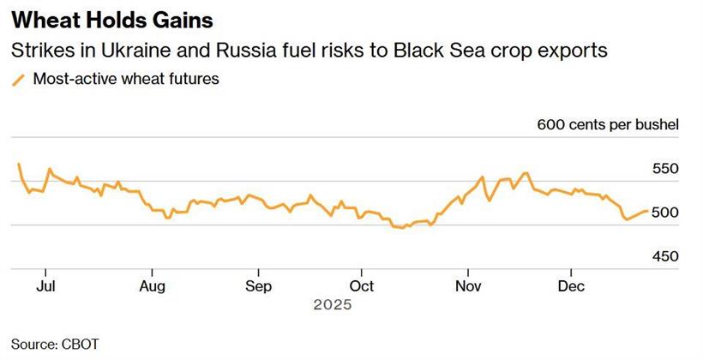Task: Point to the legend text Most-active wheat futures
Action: pyautogui.click(x=126, y=80)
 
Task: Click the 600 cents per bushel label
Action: pyautogui.click(x=608, y=125)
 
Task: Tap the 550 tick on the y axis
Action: pyautogui.click(x=665, y=169)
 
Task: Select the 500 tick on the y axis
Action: pyautogui.click(x=665, y=213)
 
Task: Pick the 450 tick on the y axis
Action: pyautogui.click(x=665, y=256)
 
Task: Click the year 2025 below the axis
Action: pyautogui.click(x=333, y=304)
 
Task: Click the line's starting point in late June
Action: pyautogui.click(x=19, y=164)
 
